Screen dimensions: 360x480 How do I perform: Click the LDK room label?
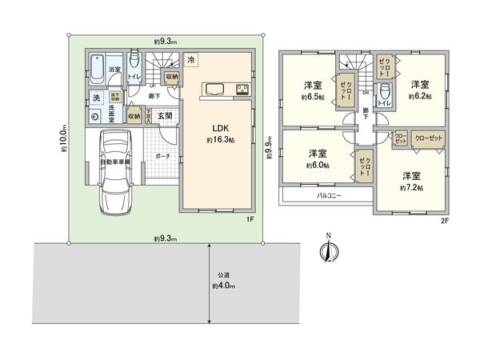click(x=219, y=127)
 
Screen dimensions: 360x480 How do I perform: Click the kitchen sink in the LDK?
click(x=216, y=87)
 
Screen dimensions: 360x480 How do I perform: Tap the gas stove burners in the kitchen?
click(x=242, y=87)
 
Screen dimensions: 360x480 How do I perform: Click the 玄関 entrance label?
click(x=165, y=116)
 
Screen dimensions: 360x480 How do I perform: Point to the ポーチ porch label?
click(x=162, y=157)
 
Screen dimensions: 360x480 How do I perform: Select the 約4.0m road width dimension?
click(x=224, y=286)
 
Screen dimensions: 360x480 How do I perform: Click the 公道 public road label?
click(x=223, y=274)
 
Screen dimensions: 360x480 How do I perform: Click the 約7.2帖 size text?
click(x=411, y=187)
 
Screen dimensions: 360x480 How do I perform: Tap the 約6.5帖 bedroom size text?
click(x=312, y=95)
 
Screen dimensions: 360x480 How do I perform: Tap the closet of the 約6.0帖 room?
click(x=364, y=166)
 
